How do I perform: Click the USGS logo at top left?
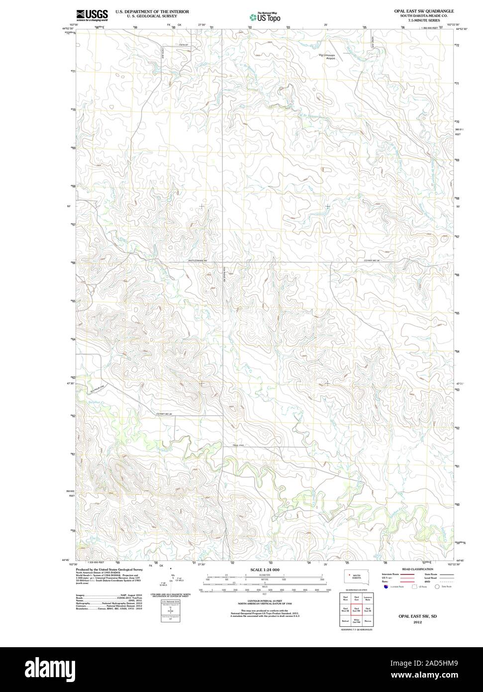92,15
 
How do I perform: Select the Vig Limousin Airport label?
327,56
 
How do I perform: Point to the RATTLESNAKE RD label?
197,260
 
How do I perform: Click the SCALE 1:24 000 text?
264,570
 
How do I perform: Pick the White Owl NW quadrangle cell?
357,621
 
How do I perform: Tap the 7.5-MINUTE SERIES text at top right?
422,20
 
